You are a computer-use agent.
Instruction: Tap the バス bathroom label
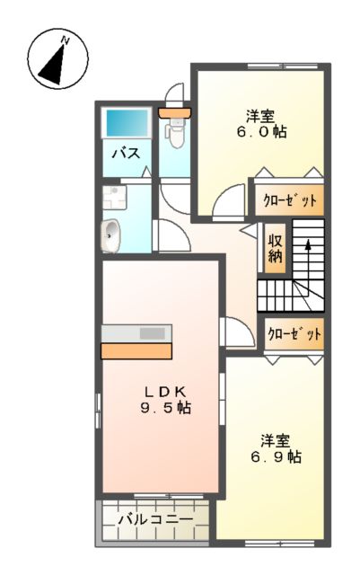coord(125,154)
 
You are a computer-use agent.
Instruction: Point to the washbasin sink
coord(110,235)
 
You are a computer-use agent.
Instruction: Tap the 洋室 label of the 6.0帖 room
coord(260,115)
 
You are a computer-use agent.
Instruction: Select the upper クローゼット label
coord(289,200)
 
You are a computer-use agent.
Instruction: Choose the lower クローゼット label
coord(293,333)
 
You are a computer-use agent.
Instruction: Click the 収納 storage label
coord(275,248)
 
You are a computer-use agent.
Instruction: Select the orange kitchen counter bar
coord(136,350)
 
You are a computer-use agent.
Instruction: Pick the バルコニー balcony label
coord(154,520)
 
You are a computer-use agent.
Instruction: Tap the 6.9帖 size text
coord(276,456)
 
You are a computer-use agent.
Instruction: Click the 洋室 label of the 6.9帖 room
coord(275,440)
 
